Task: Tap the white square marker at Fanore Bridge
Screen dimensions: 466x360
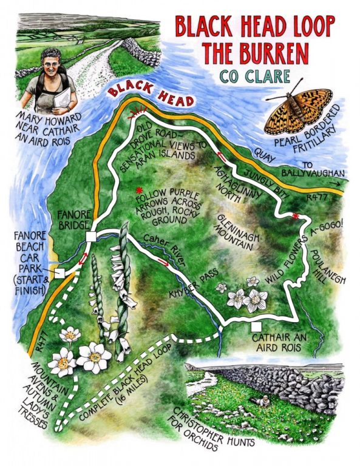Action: point(91,237)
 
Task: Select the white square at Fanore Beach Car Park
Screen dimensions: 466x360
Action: point(59,274)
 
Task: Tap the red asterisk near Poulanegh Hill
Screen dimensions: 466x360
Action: point(296,217)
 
